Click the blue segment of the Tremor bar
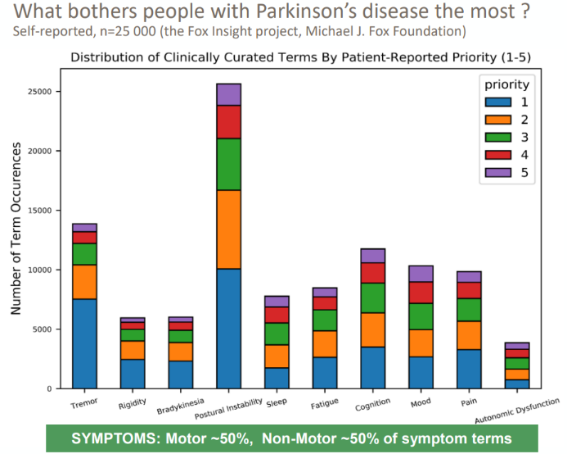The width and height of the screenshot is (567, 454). point(84,343)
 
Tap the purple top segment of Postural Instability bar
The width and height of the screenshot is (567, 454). point(229,94)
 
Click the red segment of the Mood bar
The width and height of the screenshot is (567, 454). point(421,293)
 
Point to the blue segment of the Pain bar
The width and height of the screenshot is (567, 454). point(469,369)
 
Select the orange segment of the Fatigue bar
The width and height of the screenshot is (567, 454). point(325,343)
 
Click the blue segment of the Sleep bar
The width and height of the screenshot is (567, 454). point(277,378)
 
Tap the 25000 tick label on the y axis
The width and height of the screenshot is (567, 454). point(41,92)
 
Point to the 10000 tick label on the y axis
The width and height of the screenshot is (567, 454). point(41,270)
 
